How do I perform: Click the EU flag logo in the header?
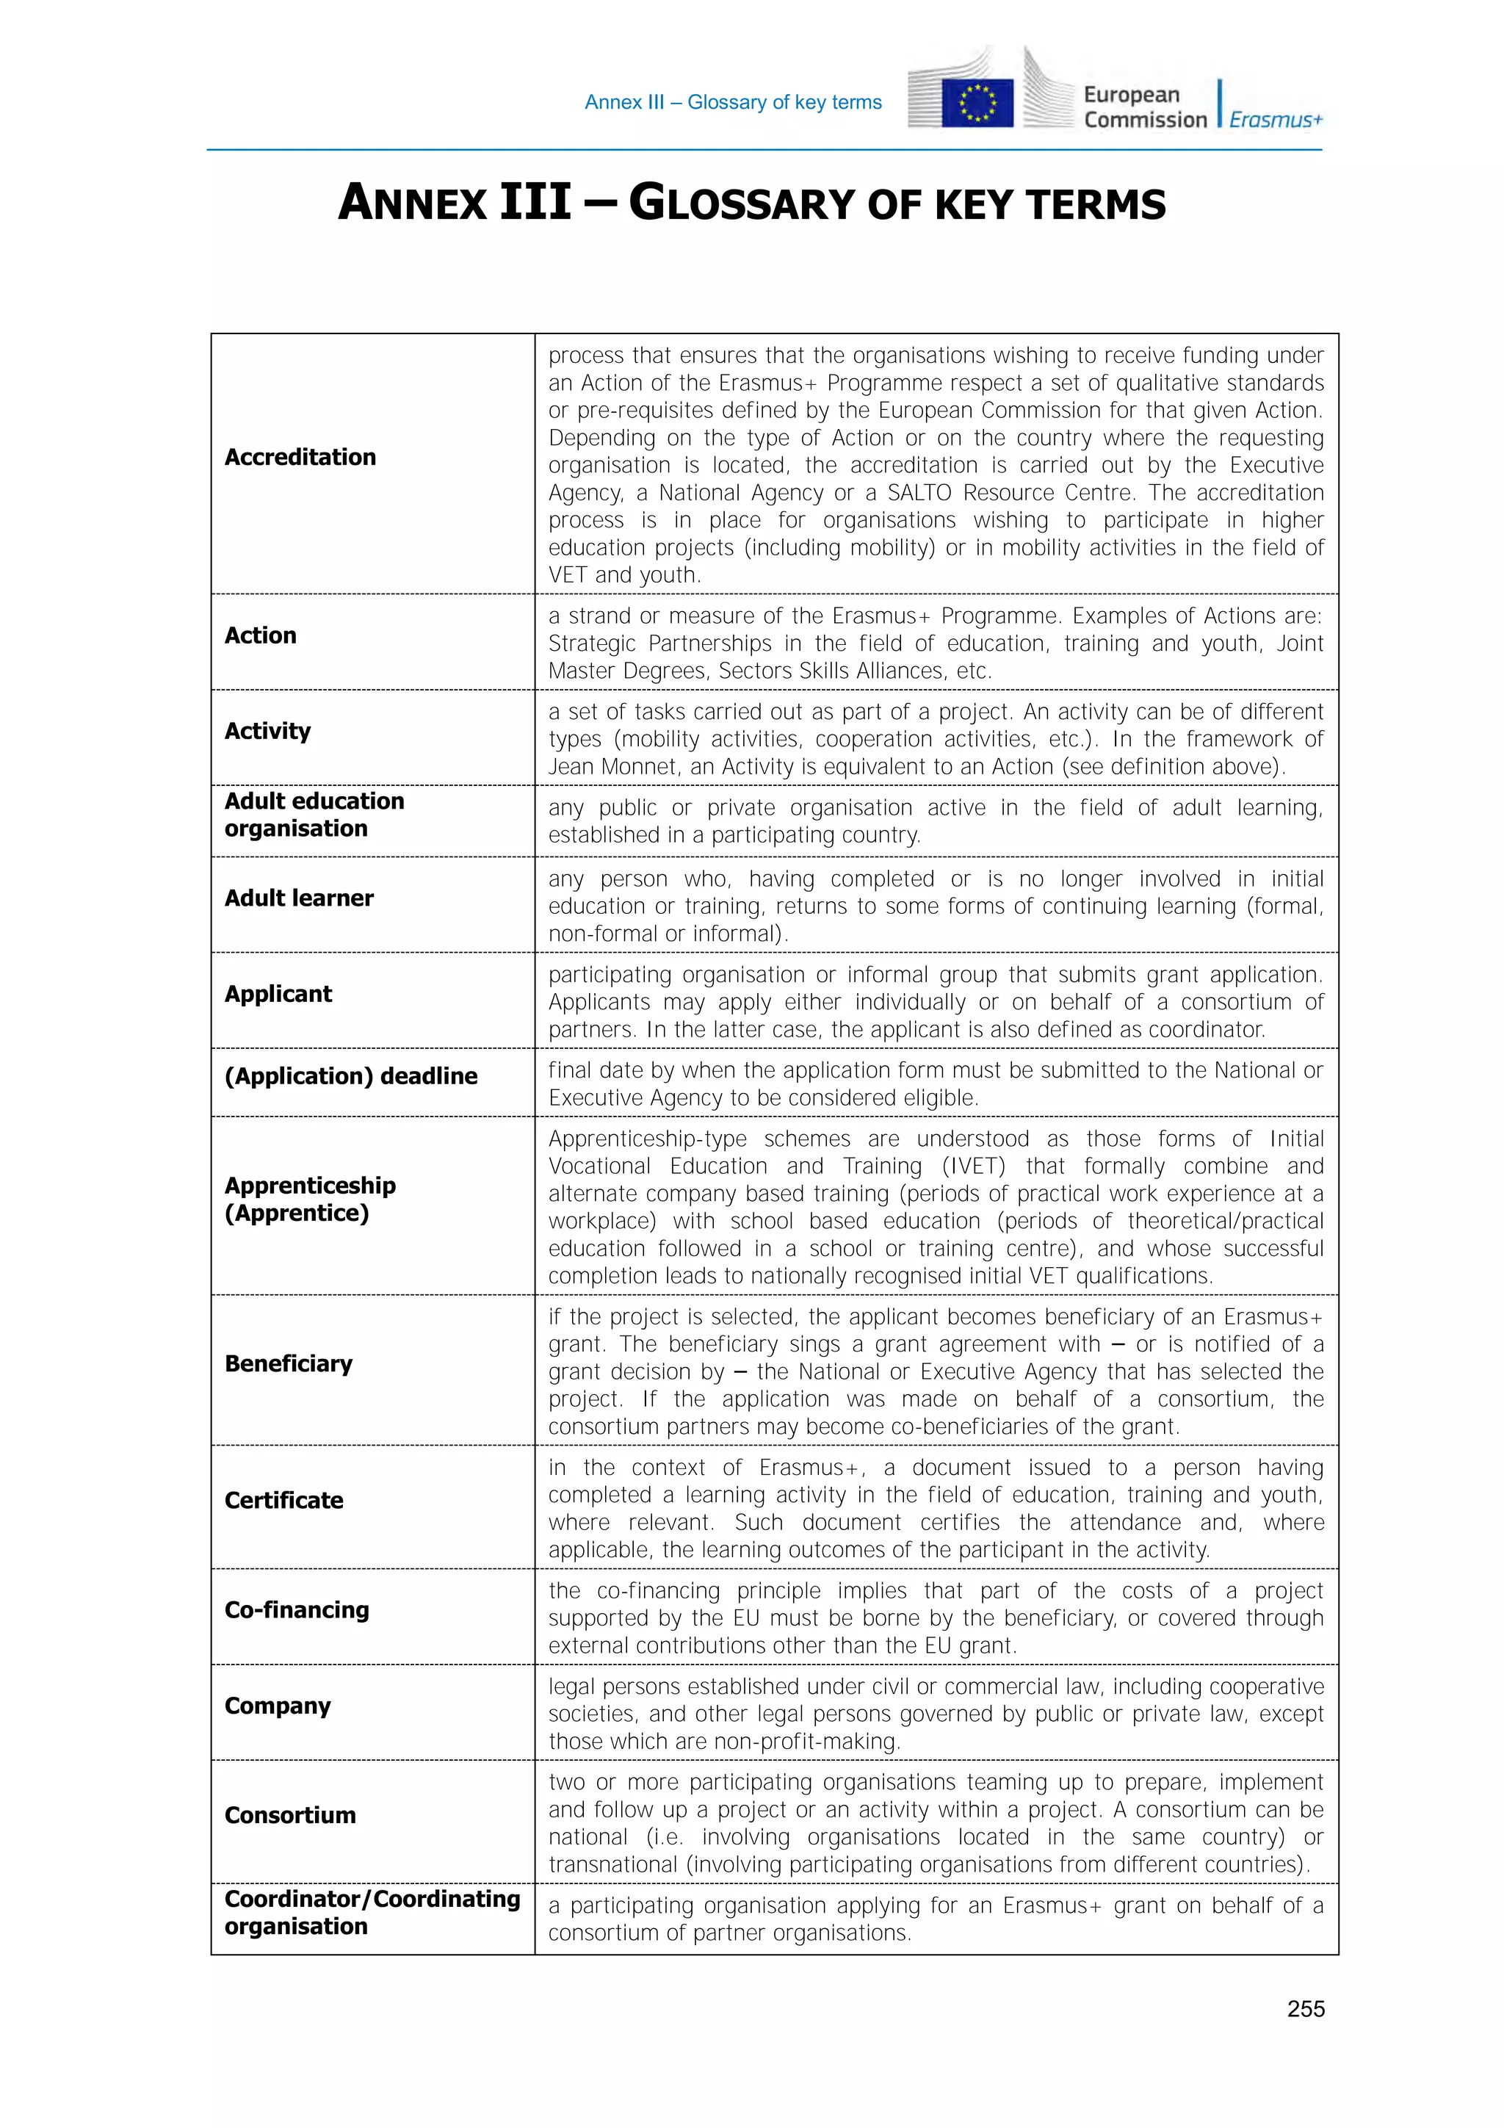(x=977, y=102)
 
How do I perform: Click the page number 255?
(x=1305, y=2008)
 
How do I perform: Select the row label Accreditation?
(x=300, y=457)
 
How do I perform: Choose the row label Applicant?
(x=278, y=994)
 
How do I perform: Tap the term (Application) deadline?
(x=350, y=1075)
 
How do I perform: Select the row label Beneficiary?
(x=288, y=1363)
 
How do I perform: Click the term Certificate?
(x=283, y=1500)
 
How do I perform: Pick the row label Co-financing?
(x=297, y=1610)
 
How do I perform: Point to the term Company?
(x=277, y=1706)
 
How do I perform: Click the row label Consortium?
(x=290, y=1815)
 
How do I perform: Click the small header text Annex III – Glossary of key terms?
(x=733, y=102)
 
